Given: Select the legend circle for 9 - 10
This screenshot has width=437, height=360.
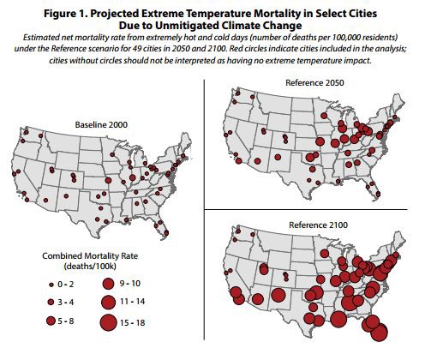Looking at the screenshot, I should click(x=108, y=282).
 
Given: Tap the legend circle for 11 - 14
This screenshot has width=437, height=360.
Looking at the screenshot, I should click(x=109, y=301).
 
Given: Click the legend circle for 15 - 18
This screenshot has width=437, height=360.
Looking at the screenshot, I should click(x=109, y=322).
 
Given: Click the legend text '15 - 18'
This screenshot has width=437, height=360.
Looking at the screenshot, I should click(x=140, y=322).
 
